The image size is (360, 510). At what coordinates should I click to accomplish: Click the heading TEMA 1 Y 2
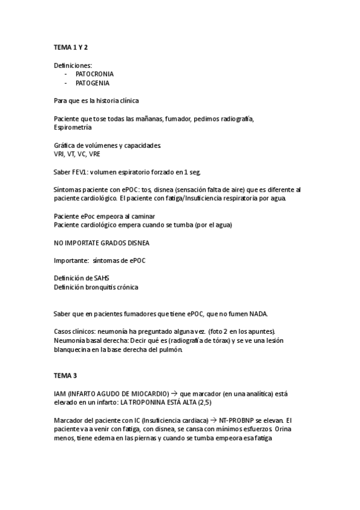tap(71, 47)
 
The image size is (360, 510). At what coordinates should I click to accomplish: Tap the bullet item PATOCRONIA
tap(94, 73)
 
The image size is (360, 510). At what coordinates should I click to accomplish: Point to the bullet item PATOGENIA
tap(93, 83)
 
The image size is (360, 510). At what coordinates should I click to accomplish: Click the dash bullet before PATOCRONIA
tap(66, 73)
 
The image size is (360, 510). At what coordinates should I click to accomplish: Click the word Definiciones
tap(73, 64)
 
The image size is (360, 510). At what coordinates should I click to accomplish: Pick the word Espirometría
tap(73, 127)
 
